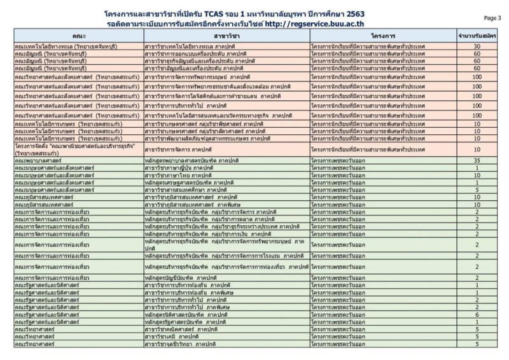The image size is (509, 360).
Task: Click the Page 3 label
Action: pyautogui.click(x=492, y=18)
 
